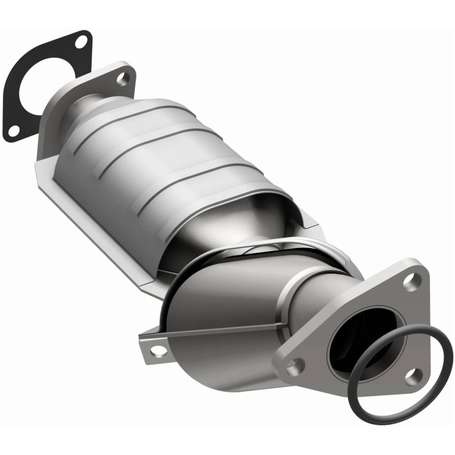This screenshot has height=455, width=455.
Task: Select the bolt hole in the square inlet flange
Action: point(122,78)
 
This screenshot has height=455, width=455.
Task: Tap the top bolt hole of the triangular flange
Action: point(414,279)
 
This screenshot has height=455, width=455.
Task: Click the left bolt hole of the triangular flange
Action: point(293,366)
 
